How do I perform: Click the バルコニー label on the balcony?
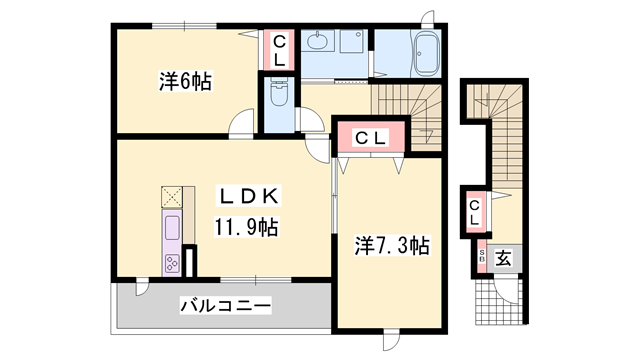coord(225,306)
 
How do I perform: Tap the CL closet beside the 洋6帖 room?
coord(279,50)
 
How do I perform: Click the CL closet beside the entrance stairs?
coord(476,211)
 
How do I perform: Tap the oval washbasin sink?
coord(318,43)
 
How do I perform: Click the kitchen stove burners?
coord(171,264)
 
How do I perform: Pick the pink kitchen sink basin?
coord(171,226)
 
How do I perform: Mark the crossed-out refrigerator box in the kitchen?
coord(171,196)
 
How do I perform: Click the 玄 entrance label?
coord(504,258)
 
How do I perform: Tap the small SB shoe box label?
coord(481,257)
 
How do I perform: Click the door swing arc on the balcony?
coord(141,290)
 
